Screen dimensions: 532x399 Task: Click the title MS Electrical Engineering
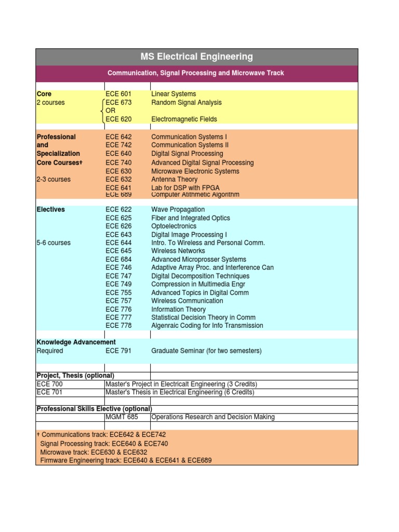[196, 57]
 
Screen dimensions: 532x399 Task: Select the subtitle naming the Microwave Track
[195, 73]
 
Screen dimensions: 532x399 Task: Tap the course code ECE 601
[118, 94]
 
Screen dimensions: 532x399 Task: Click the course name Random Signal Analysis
[186, 102]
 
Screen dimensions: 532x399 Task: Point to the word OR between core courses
[110, 111]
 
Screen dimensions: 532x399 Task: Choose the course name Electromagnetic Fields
[184, 119]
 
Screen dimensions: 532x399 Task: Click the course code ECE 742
[118, 145]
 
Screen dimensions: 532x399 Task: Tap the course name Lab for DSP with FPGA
[185, 188]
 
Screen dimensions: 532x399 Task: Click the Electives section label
[51, 209]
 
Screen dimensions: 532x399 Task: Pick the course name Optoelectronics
[174, 226]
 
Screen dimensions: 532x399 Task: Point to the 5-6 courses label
[54, 243]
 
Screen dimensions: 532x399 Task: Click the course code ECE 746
[118, 268]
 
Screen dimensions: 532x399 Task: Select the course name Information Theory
[178, 309]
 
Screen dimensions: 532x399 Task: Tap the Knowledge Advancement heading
[76, 342]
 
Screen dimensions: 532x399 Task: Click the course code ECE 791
[118, 351]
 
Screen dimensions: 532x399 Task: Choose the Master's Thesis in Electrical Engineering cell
[180, 392]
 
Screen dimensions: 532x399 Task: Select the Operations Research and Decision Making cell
[213, 417]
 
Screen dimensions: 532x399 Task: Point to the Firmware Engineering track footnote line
[126, 460]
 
